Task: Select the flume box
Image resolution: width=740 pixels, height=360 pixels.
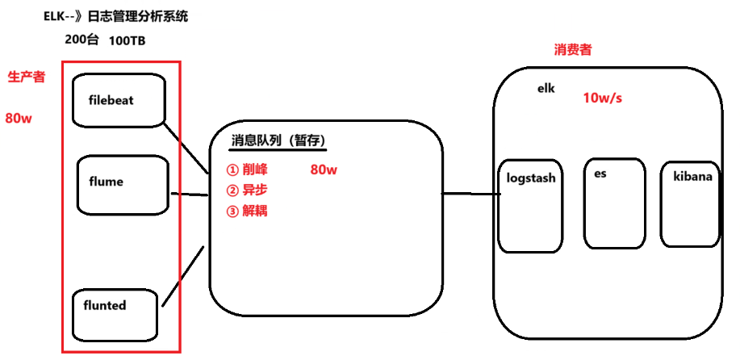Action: click(x=123, y=185)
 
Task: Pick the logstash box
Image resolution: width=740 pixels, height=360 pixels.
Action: click(x=529, y=204)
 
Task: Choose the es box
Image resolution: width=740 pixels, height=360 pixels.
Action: click(x=614, y=201)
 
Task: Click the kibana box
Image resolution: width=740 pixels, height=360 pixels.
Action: click(x=691, y=202)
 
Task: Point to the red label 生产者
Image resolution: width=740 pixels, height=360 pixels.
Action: click(x=26, y=77)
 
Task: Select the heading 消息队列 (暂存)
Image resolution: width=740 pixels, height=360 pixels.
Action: click(x=278, y=140)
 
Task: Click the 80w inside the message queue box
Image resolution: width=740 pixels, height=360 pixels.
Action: click(x=324, y=170)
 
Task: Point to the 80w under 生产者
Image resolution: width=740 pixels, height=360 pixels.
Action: click(x=19, y=118)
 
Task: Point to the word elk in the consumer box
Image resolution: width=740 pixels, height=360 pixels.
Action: click(x=546, y=88)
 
